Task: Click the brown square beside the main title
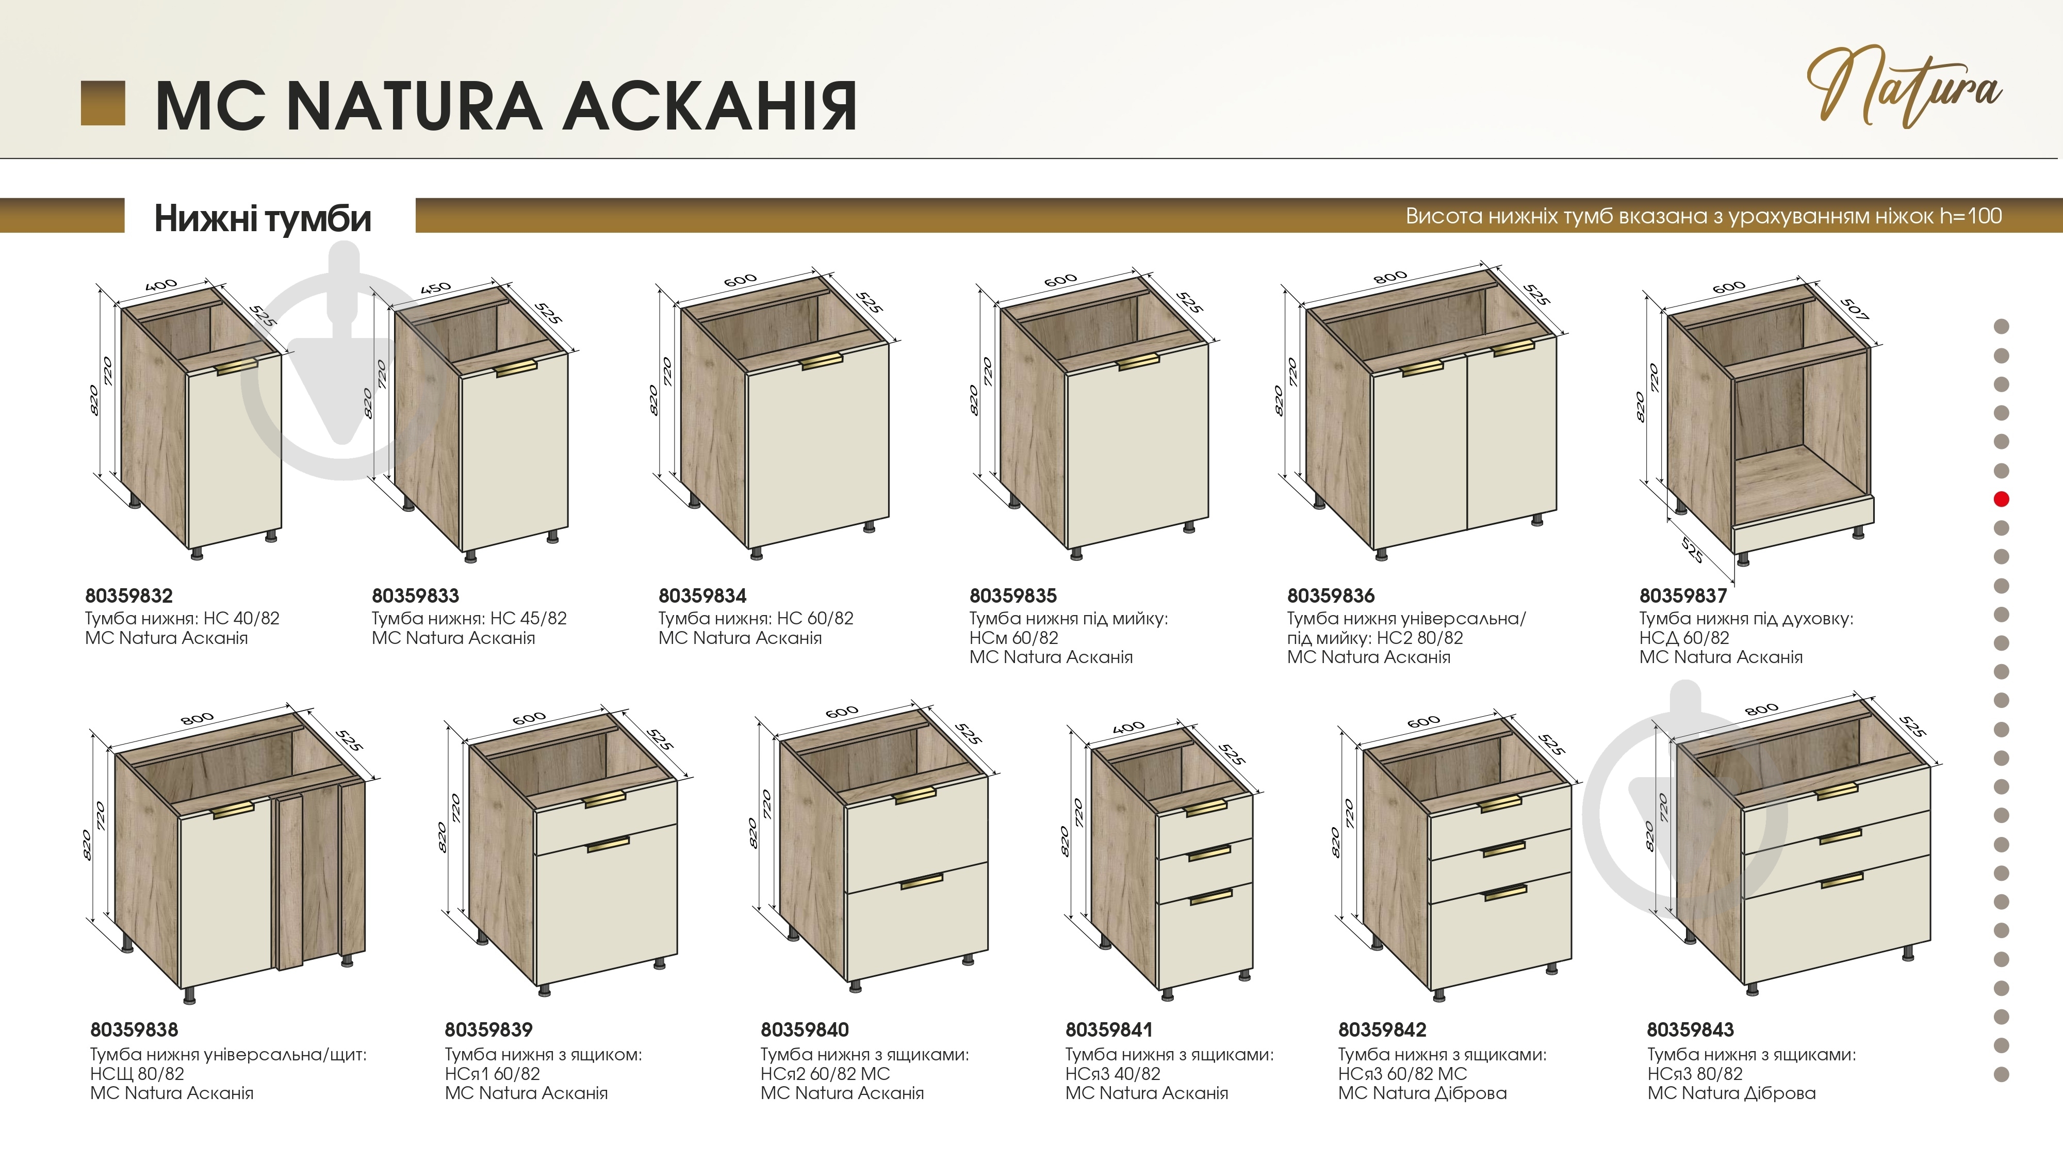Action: click(103, 103)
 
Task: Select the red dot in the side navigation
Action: click(2001, 499)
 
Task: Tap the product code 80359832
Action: click(129, 596)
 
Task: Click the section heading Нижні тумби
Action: click(263, 218)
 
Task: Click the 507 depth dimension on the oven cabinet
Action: click(1855, 309)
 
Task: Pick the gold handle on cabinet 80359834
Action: click(822, 361)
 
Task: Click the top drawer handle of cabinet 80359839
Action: click(604, 800)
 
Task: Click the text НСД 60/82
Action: click(1684, 638)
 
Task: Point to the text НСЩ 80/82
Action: click(137, 1074)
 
